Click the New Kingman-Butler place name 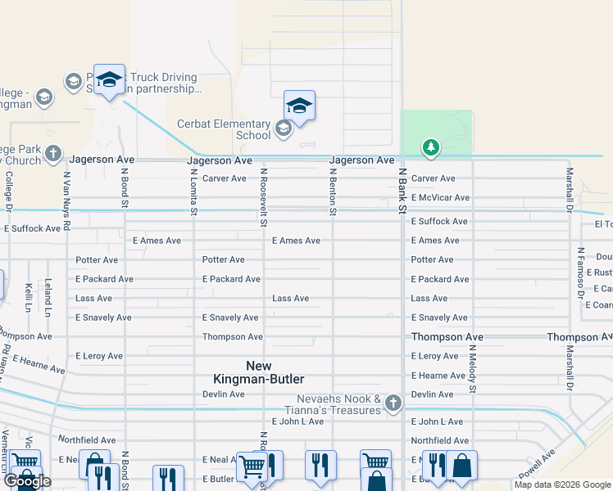tap(258, 372)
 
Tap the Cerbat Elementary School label tap(224, 129)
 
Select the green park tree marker tap(430, 147)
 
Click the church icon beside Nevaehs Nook tap(393, 402)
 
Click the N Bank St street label tap(402, 191)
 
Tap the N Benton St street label tap(334, 191)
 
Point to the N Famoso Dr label tap(579, 273)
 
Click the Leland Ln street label tap(48, 291)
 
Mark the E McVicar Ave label tap(440, 198)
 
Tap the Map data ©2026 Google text tap(561, 484)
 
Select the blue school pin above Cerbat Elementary tap(299, 106)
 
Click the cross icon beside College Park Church tap(53, 153)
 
